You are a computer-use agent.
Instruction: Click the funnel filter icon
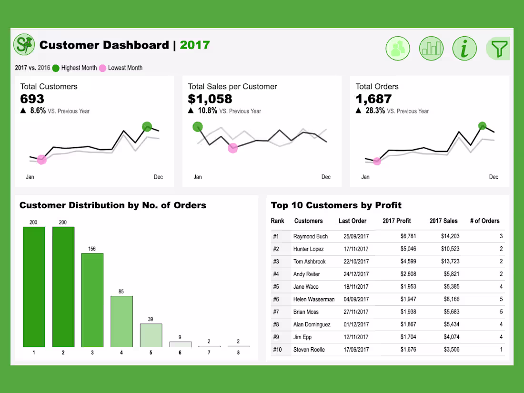tap(498, 49)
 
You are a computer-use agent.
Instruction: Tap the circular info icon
tap(464, 49)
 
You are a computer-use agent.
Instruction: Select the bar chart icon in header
tap(431, 49)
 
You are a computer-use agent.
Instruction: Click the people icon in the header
tap(398, 49)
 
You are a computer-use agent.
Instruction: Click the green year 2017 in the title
tap(195, 45)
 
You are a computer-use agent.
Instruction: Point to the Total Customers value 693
tap(32, 99)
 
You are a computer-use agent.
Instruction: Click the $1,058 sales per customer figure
tap(210, 99)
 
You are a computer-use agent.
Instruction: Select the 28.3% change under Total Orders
tap(375, 111)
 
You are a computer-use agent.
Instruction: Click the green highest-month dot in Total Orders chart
tap(482, 126)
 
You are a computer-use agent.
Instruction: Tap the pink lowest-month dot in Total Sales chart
tap(232, 148)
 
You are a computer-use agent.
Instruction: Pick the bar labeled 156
tap(92, 300)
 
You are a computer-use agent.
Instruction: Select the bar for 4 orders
tap(121, 322)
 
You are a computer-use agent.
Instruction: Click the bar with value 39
tap(151, 335)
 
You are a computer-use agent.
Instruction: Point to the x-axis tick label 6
tap(180, 353)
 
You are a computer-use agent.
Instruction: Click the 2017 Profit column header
tap(396, 221)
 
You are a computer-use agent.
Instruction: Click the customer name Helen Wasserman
tap(314, 299)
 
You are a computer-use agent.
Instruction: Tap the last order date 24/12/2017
tap(356, 274)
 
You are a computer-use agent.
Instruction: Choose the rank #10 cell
tap(277, 350)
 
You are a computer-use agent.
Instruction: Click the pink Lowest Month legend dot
tap(102, 68)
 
